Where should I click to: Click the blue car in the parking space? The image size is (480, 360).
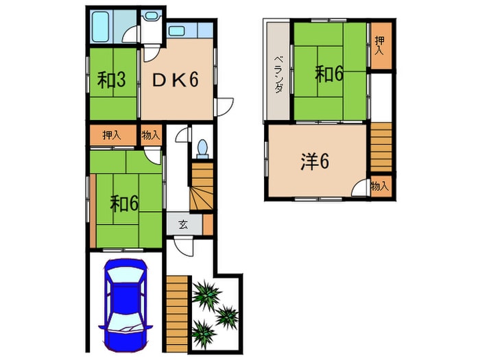point(125,305)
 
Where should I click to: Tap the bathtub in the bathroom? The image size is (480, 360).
point(101,26)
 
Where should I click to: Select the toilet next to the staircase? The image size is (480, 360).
point(202,149)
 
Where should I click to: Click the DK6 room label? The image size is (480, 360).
point(176,80)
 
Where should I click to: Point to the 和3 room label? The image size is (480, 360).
point(111,80)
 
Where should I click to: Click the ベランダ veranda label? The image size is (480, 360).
point(278,74)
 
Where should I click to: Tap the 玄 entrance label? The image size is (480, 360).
point(183,225)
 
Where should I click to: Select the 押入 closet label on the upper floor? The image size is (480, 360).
point(380,45)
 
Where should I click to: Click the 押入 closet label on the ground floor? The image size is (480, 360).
point(112,135)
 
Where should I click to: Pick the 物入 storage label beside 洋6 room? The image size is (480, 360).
point(380,186)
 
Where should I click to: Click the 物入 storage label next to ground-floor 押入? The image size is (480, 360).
point(151,134)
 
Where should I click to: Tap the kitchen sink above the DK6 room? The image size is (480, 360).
point(176,31)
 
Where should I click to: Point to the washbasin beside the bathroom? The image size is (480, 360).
point(151,16)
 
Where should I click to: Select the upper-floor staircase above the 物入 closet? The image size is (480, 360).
point(381,147)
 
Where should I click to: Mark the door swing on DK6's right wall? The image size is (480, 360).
point(224,106)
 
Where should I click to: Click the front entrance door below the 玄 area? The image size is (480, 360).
point(184,247)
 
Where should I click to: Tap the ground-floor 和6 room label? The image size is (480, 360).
point(124,203)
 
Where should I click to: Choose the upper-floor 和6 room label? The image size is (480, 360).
point(329,74)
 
